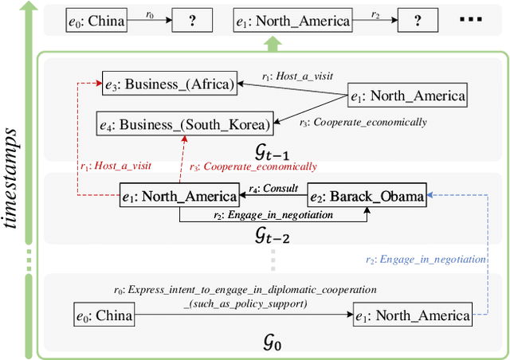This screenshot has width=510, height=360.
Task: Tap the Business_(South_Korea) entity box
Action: (184, 123)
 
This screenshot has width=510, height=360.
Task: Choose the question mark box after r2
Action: (421, 22)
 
